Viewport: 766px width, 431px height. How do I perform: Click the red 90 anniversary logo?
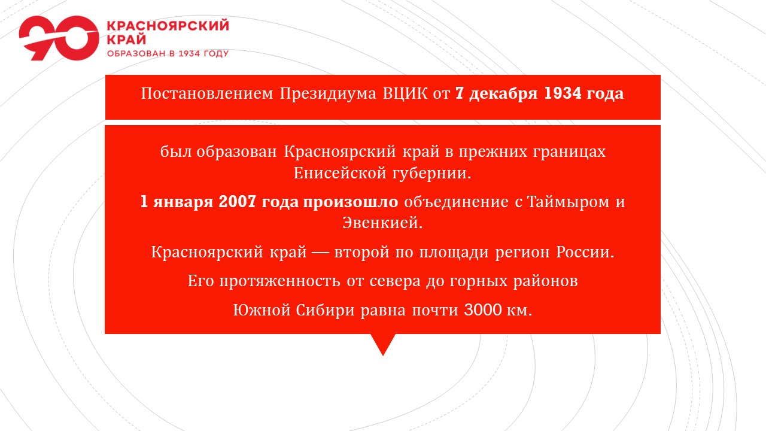[x=59, y=38]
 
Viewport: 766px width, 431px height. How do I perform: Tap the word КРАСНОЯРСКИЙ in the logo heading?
[x=168, y=26]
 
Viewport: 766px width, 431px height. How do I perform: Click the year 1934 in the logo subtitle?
[x=189, y=53]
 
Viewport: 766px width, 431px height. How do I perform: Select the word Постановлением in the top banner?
[x=207, y=93]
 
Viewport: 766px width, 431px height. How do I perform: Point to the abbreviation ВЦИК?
[x=405, y=94]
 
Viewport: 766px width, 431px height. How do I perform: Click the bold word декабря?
[x=503, y=93]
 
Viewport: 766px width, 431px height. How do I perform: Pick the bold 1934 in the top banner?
[x=562, y=93]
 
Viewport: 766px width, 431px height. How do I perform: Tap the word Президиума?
[x=327, y=94]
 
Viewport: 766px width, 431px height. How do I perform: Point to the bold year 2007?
[x=237, y=202]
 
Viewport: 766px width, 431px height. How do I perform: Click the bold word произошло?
[x=351, y=202]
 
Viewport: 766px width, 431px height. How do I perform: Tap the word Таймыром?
[x=568, y=202]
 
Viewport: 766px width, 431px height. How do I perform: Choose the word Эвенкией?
[x=382, y=223]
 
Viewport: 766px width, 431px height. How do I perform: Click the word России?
[x=585, y=252]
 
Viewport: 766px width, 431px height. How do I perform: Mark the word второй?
[x=362, y=253]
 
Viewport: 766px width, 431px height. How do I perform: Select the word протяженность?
[x=279, y=281]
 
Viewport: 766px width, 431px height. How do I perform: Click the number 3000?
[x=483, y=310]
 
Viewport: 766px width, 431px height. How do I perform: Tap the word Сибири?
[x=325, y=310]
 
